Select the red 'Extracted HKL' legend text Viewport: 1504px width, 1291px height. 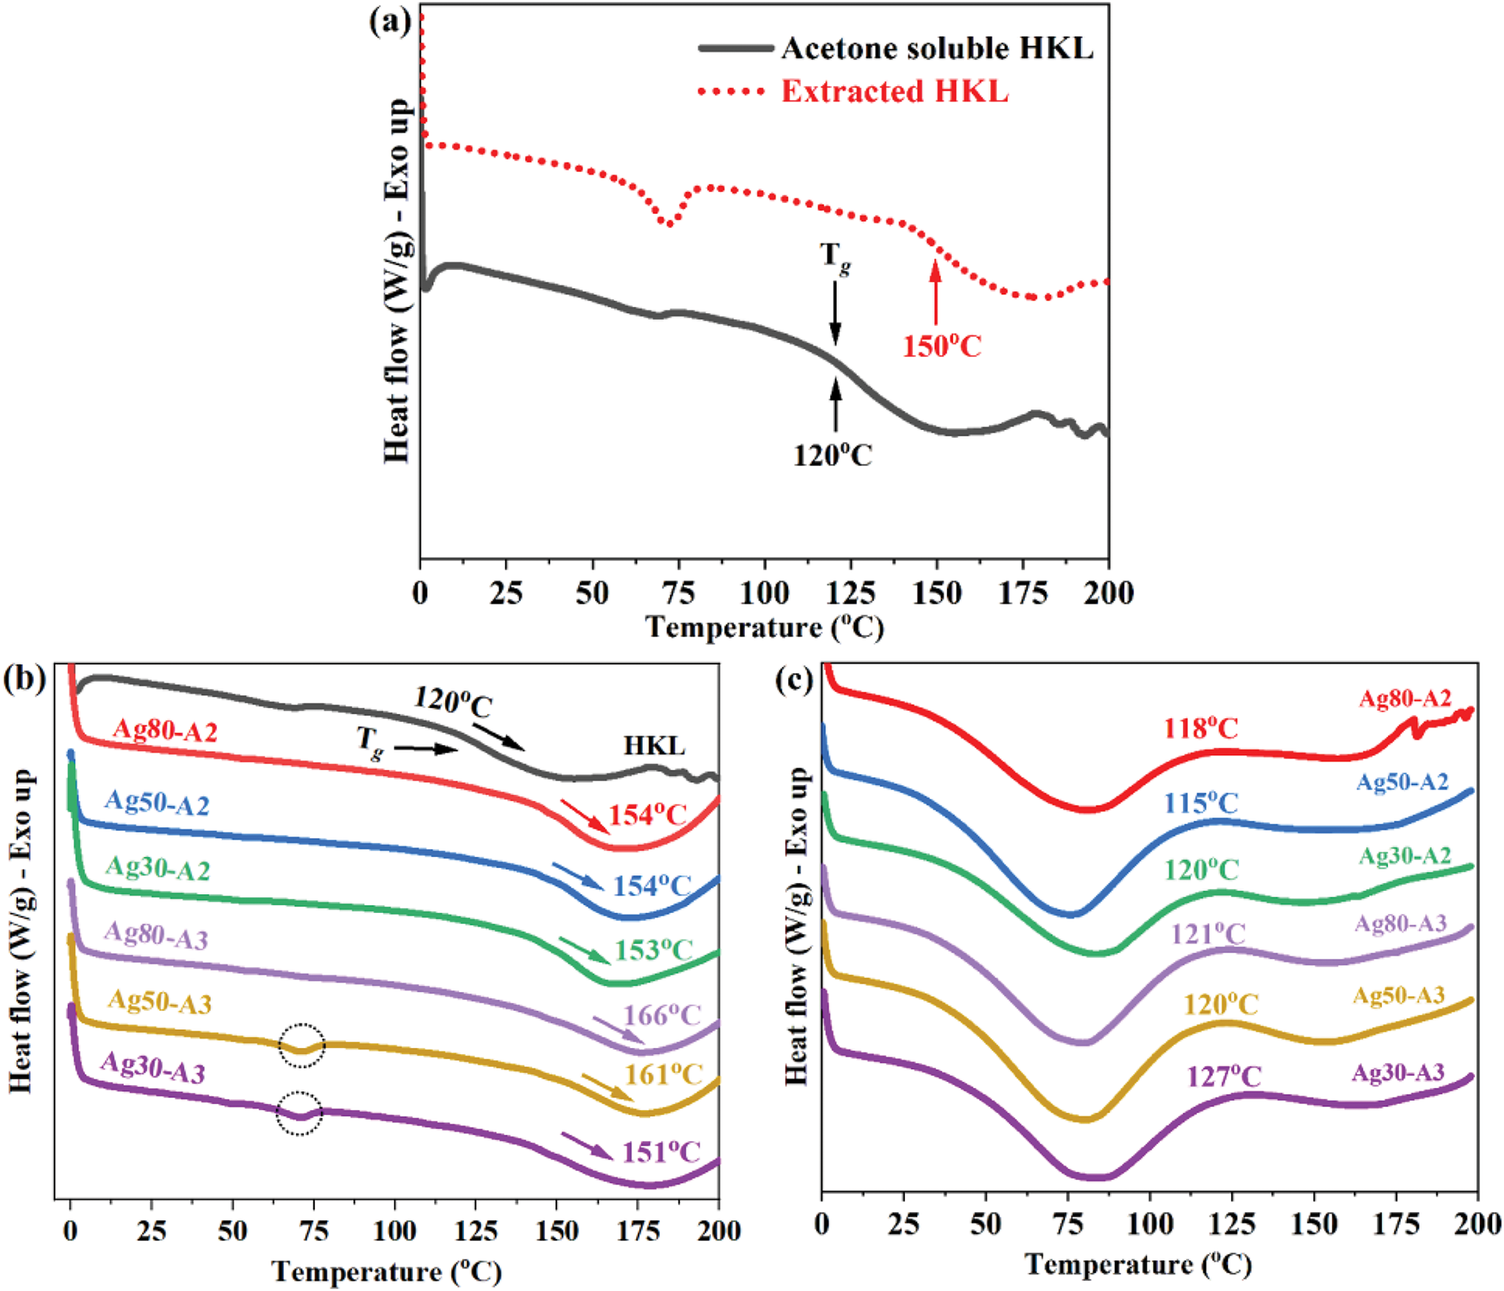895,92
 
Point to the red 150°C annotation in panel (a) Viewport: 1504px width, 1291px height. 941,346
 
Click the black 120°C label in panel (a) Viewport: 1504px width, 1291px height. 832,455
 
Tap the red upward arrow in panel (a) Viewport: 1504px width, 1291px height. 936,292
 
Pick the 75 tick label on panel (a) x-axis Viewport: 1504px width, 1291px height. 678,593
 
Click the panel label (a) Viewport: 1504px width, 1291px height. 391,21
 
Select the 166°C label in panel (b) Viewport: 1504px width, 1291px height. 662,1015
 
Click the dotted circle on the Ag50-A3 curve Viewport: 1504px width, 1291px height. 301,1046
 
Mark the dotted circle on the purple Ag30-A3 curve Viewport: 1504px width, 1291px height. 300,1113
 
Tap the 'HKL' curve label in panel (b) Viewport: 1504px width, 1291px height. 654,746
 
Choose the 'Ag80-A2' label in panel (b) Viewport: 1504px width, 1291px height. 164,730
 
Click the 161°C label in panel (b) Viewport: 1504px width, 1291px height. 664,1074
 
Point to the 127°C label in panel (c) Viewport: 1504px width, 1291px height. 1224,1076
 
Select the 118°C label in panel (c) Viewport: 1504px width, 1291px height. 1201,728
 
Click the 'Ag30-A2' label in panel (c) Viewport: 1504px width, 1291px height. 1405,856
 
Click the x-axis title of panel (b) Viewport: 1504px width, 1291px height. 387,1271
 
